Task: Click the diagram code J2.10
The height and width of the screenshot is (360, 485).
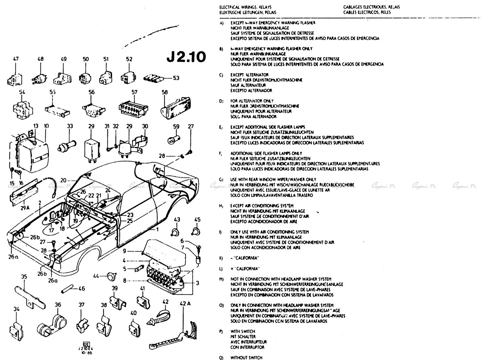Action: (186, 56)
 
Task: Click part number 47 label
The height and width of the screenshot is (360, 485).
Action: (16, 59)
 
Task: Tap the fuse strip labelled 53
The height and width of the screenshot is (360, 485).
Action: (156, 78)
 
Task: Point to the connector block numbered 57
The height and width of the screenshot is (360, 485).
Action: (135, 108)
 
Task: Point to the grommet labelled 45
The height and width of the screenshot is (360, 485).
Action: (197, 231)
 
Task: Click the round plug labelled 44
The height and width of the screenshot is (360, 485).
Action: (111, 277)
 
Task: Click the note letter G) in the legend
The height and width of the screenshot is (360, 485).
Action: (221, 179)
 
